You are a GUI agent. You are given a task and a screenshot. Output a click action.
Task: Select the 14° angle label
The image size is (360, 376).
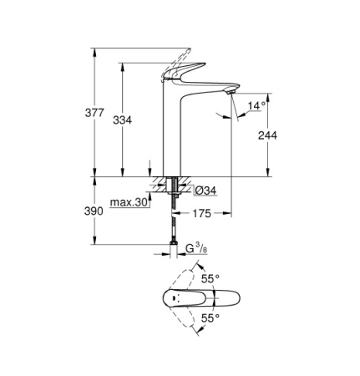(x=256, y=105)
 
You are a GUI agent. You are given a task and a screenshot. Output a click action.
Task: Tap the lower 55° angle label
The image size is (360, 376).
(x=210, y=318)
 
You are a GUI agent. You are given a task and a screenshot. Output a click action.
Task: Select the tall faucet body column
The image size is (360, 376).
(x=172, y=134)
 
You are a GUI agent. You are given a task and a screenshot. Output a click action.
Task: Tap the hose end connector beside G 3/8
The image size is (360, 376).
(x=172, y=248)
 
